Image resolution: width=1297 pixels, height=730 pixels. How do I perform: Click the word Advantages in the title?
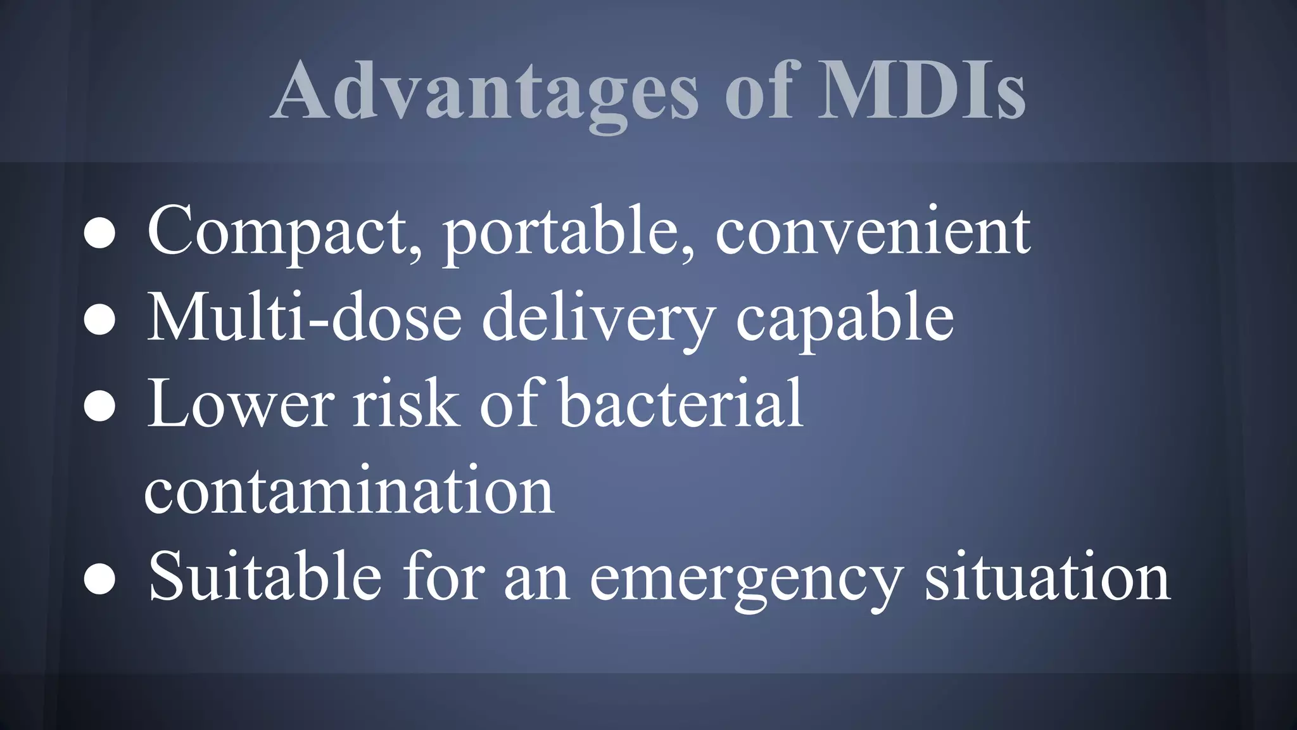[x=485, y=92]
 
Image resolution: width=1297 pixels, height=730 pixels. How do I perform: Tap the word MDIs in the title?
[x=921, y=92]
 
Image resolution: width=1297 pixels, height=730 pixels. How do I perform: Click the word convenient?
[x=873, y=231]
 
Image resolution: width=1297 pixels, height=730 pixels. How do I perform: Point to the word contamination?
[x=350, y=490]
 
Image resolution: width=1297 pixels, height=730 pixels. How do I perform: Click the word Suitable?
[x=265, y=577]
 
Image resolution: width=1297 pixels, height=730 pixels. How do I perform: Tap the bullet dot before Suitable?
[x=99, y=580]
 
